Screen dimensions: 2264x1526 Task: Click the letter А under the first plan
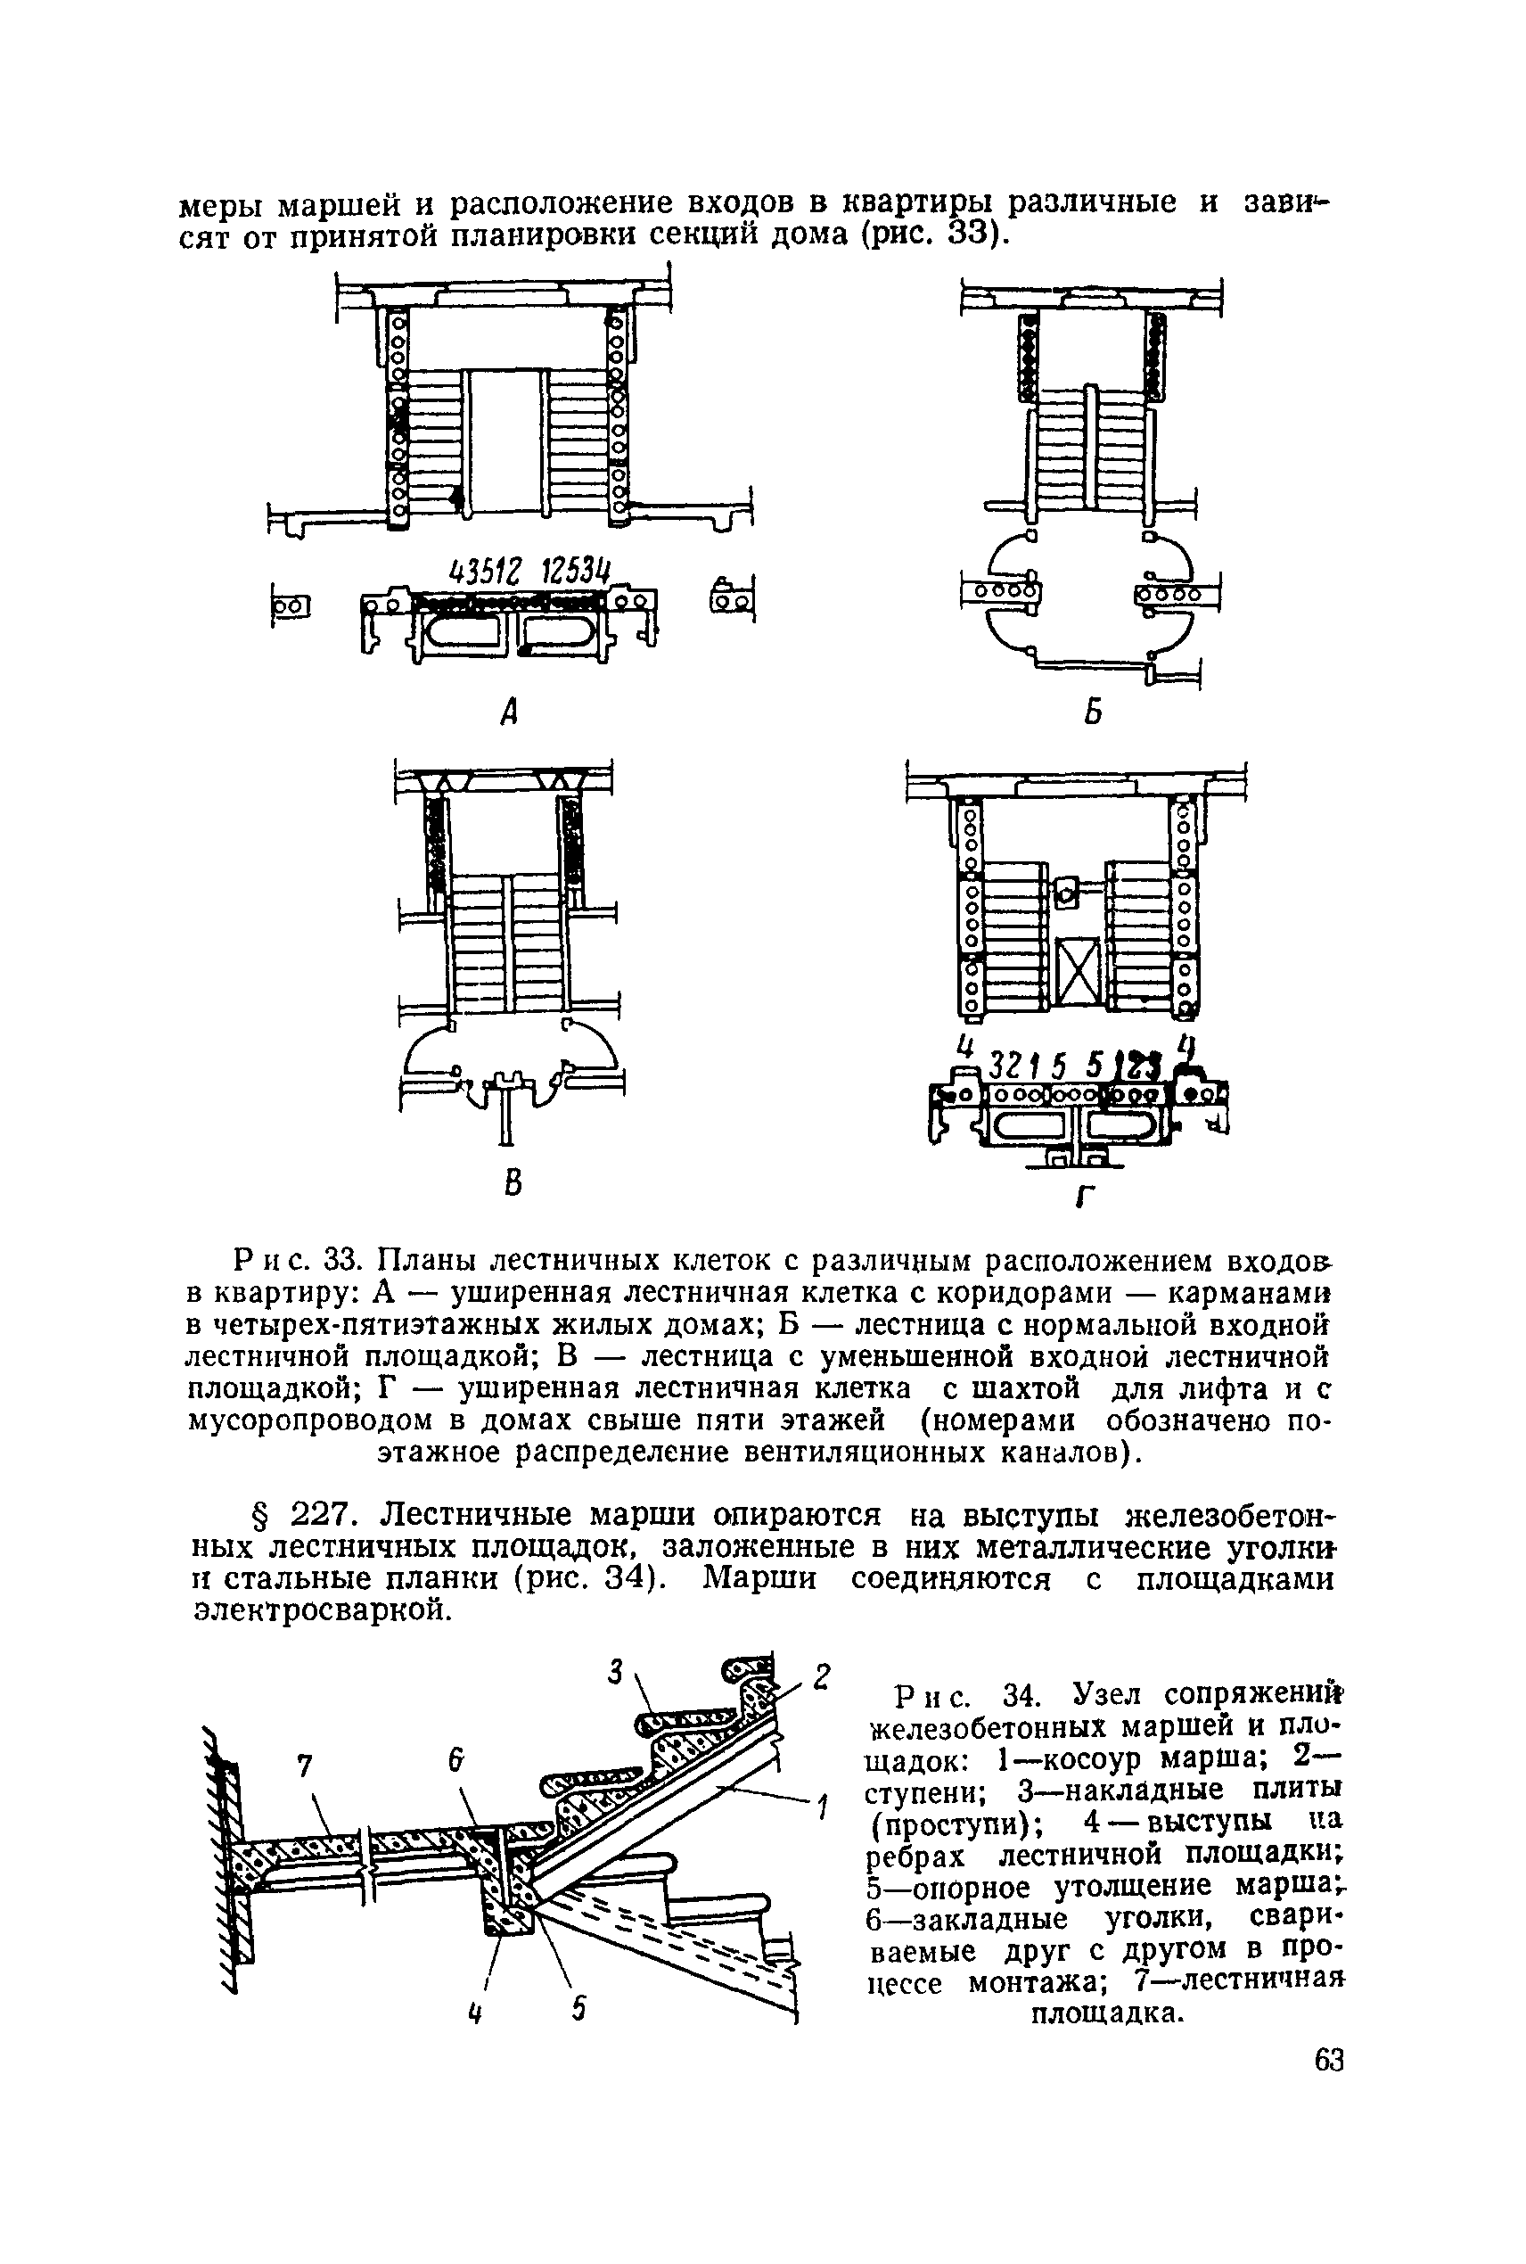(x=507, y=714)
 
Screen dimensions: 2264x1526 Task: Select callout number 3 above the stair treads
(x=614, y=1672)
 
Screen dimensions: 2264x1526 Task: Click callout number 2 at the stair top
(x=823, y=1676)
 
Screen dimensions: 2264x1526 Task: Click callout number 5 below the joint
(x=579, y=2008)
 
